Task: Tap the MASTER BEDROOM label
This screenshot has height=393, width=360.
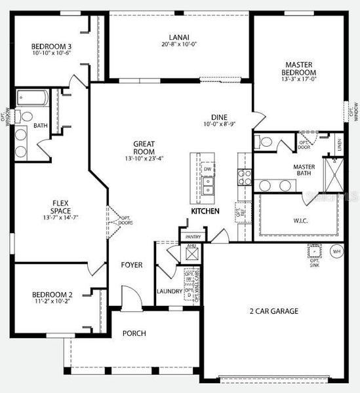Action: pyautogui.click(x=299, y=69)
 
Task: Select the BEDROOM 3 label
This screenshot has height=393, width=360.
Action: pyautogui.click(x=51, y=47)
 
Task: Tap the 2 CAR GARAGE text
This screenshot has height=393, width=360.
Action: pyautogui.click(x=275, y=311)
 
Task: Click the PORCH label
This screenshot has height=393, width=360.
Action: pyautogui.click(x=134, y=333)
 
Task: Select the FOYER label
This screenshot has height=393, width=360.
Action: pyautogui.click(x=132, y=265)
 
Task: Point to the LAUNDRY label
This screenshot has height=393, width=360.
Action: pyautogui.click(x=169, y=291)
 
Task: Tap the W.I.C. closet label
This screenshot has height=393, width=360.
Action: pyautogui.click(x=298, y=220)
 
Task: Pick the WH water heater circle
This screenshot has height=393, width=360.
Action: pyautogui.click(x=337, y=250)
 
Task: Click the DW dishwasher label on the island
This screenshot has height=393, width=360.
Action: pyautogui.click(x=207, y=169)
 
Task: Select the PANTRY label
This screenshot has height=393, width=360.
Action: pyautogui.click(x=193, y=236)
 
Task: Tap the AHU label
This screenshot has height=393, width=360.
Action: pyautogui.click(x=191, y=246)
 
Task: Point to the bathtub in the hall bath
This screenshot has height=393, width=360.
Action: pyautogui.click(x=32, y=98)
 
